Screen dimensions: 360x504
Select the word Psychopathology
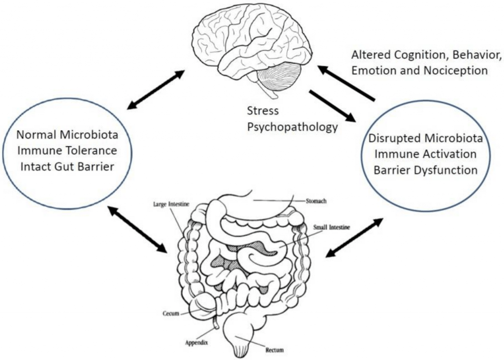292,127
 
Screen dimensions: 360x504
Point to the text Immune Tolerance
67,150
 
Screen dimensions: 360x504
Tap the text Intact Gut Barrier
67,166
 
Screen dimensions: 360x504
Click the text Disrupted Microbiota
425,138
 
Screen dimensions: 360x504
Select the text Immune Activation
425,154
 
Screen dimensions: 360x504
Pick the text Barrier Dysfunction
425,170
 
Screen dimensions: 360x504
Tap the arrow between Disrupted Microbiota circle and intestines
354,237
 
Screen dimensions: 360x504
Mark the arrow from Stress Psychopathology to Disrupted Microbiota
332,105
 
